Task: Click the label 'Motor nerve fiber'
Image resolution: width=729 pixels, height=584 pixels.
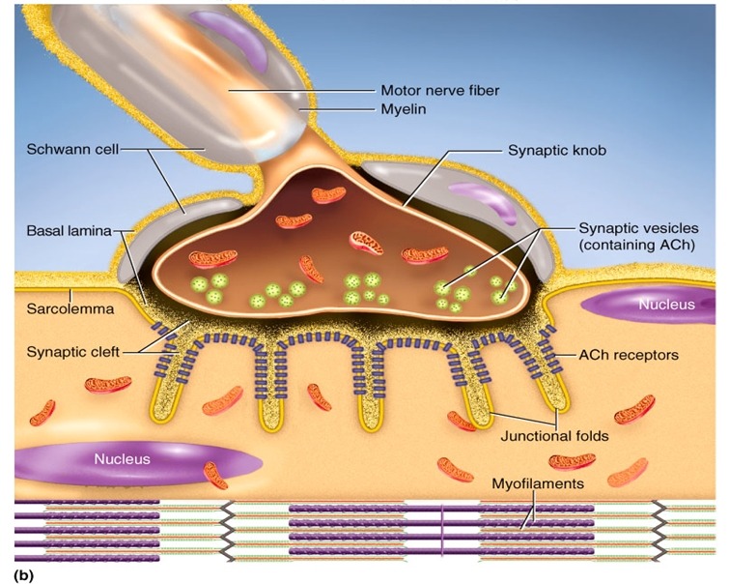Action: (x=440, y=90)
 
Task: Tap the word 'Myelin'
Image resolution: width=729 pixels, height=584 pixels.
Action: (x=403, y=109)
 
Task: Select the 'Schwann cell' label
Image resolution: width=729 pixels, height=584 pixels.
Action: (x=72, y=150)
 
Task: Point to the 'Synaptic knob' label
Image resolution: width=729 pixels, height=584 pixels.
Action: (x=556, y=151)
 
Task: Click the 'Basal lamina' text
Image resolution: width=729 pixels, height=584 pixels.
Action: (x=70, y=230)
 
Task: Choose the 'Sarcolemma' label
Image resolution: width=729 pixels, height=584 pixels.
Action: (x=70, y=308)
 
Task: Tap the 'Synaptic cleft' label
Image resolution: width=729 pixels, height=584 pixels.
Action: (x=73, y=352)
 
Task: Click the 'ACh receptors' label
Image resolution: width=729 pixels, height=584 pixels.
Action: (x=629, y=355)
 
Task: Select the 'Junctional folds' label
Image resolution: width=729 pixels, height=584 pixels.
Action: (x=554, y=436)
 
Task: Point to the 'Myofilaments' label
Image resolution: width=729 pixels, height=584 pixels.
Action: (x=538, y=483)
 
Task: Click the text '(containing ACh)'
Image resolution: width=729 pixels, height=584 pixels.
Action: (x=636, y=245)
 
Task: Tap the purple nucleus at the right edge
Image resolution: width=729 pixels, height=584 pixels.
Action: (x=648, y=305)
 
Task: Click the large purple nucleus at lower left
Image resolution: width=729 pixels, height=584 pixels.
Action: (x=138, y=462)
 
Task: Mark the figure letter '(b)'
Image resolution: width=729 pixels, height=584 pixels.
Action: (x=24, y=575)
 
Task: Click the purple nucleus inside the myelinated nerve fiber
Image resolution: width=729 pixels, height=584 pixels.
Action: (x=230, y=37)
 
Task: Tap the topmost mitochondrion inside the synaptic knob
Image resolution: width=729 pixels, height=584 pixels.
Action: (x=328, y=194)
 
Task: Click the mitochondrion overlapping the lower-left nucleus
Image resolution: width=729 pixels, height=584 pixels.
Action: (x=216, y=475)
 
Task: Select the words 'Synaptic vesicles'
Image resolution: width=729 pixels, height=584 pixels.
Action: (x=638, y=228)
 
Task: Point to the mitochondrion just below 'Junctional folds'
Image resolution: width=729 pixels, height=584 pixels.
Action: (x=572, y=461)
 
